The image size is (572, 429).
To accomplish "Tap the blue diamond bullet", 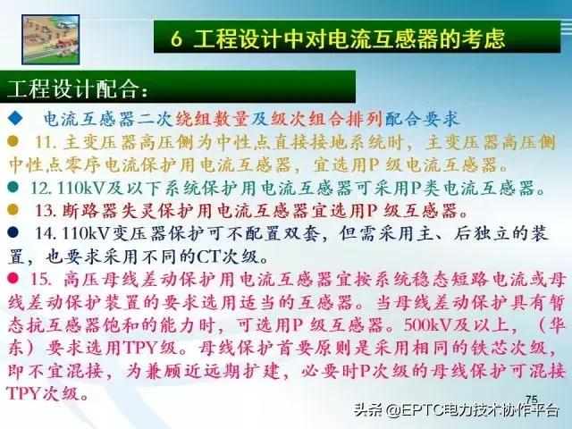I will click(x=14, y=119).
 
